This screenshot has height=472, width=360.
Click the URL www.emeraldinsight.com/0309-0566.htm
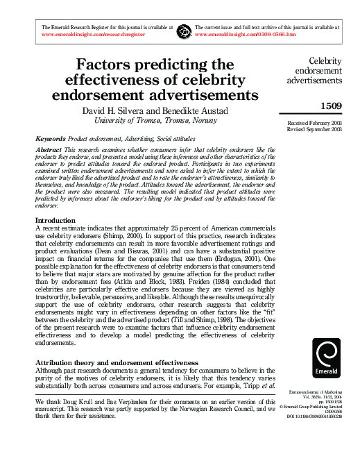[252, 33]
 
